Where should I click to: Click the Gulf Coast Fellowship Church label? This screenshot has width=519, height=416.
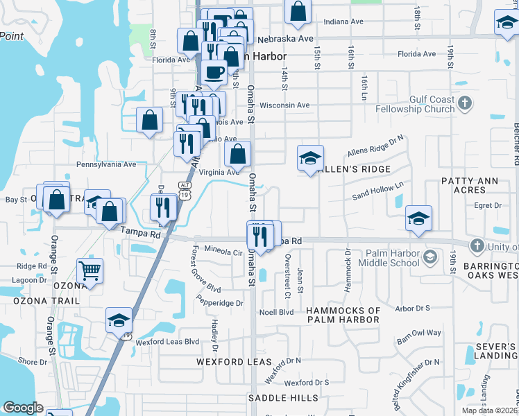pos(414,104)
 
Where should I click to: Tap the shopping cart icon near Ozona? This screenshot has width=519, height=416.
pos(90,270)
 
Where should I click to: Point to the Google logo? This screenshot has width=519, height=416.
pos(23,408)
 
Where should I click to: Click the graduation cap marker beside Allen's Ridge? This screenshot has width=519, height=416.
pos(310,158)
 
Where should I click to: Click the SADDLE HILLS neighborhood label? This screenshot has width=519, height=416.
pos(284,398)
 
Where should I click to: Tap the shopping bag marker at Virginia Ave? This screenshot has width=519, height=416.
pos(237,155)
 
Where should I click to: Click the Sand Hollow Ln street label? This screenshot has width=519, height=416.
pos(378,191)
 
